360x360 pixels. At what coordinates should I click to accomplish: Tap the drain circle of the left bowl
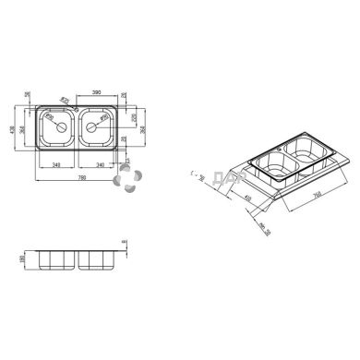tap(62, 128)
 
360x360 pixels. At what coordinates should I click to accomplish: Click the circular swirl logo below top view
tap(126, 180)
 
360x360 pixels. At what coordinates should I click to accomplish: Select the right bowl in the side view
tap(96, 258)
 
